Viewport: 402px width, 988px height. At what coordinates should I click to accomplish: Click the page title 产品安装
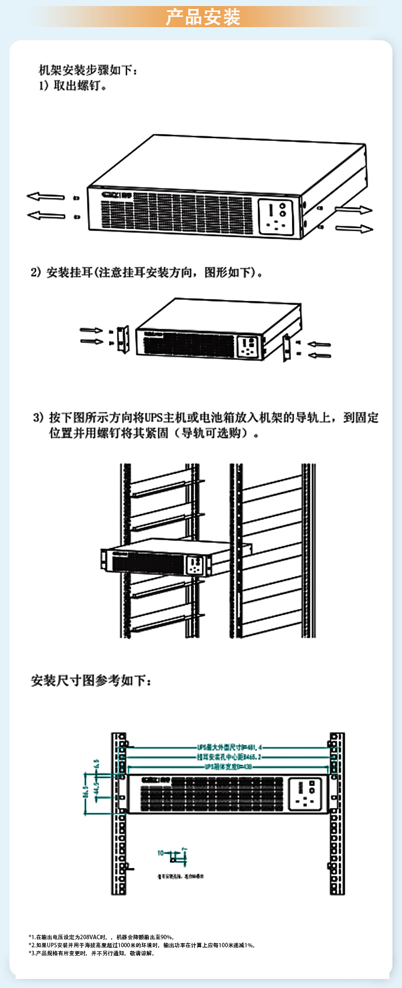click(203, 17)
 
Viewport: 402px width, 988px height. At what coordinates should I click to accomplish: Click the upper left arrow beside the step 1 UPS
click(46, 196)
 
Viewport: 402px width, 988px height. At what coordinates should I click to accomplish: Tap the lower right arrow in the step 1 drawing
click(354, 229)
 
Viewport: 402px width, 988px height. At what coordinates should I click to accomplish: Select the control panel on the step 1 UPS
click(276, 218)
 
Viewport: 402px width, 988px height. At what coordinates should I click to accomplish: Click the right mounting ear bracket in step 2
click(286, 347)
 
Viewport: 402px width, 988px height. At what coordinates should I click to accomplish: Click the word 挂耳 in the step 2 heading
click(81, 272)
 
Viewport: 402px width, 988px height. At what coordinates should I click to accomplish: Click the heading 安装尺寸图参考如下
click(90, 680)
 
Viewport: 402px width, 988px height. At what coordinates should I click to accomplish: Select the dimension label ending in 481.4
click(229, 747)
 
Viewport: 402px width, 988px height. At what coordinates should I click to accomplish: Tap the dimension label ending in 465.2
click(229, 757)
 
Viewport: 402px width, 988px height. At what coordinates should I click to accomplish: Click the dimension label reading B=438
click(228, 767)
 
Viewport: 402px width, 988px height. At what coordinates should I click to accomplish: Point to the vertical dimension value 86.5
click(85, 792)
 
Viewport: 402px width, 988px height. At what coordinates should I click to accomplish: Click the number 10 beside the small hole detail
click(160, 853)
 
